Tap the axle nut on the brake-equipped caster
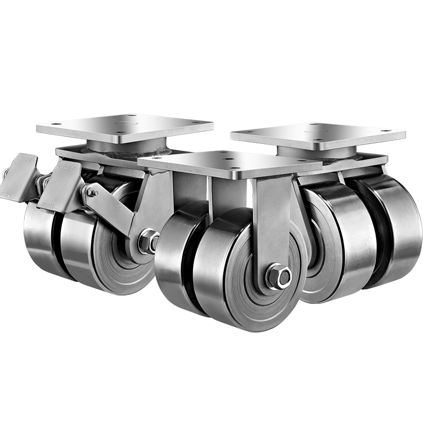148,241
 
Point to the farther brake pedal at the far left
20,174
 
